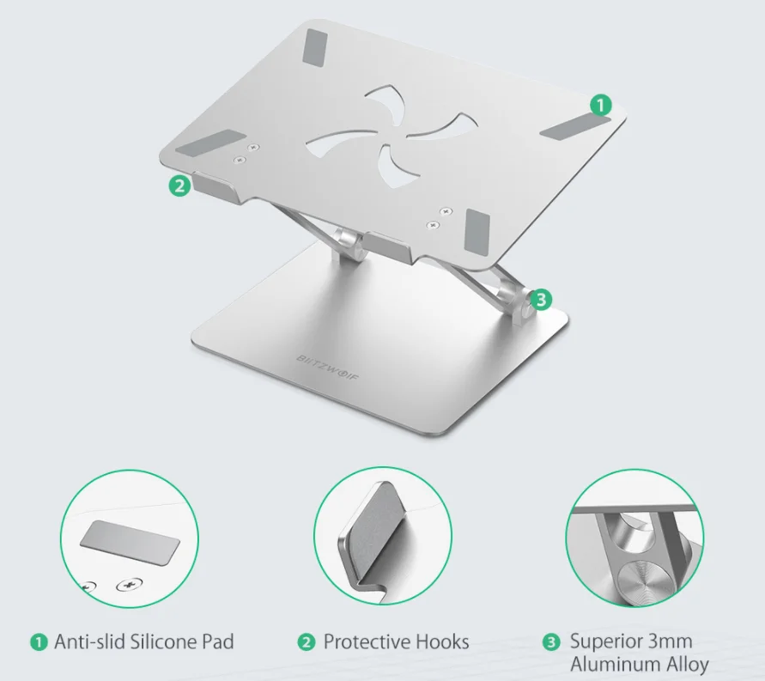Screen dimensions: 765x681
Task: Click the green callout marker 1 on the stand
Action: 601,105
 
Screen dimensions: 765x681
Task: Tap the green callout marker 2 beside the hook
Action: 179,185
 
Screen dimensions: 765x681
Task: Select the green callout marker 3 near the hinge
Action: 541,299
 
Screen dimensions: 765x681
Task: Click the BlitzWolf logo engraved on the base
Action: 327,368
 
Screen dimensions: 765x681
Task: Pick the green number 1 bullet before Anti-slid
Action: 39,642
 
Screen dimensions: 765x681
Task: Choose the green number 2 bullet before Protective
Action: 307,642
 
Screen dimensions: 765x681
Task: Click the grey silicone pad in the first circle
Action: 130,543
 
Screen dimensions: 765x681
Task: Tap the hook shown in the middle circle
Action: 372,534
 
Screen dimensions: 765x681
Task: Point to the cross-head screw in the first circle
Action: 129,584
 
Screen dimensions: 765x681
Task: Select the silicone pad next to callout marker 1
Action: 574,127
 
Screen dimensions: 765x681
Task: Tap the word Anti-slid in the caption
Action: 89,641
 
